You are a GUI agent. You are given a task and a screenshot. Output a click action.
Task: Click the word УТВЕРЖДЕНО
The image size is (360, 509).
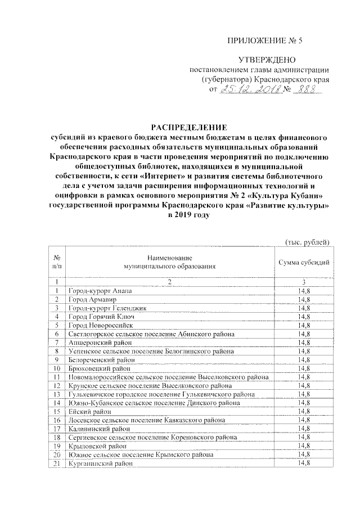coord(264,60)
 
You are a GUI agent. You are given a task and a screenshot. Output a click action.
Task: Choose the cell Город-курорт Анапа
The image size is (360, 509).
coord(100,290)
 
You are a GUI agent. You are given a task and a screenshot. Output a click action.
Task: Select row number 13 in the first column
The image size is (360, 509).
coord(57,394)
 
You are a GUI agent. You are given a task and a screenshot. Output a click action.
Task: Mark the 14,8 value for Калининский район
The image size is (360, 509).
coord(304,428)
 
